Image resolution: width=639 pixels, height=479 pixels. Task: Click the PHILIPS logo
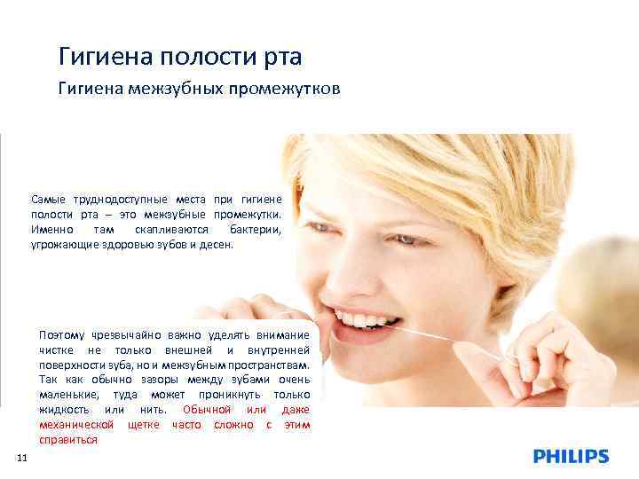tap(571, 457)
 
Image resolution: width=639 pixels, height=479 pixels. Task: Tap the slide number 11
tap(22, 458)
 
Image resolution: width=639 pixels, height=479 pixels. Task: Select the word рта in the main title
tap(283, 58)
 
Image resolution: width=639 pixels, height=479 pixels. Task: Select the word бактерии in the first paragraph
tap(255, 229)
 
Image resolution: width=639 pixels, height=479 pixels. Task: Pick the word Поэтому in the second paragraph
tap(62, 334)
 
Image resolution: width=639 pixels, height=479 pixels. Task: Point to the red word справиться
tap(68, 440)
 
